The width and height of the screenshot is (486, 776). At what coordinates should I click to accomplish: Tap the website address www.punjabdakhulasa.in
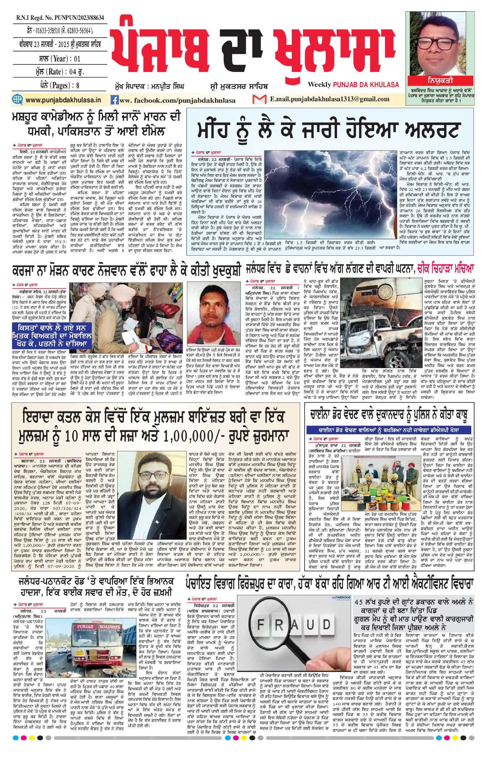(x=63, y=100)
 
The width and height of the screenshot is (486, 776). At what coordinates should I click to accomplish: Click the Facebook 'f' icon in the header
(x=114, y=100)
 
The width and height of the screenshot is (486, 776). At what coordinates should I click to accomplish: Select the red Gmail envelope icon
(x=259, y=99)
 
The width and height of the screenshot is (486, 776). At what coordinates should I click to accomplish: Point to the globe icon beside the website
(x=17, y=99)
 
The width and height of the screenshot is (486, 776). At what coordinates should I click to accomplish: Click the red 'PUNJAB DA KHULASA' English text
(x=366, y=85)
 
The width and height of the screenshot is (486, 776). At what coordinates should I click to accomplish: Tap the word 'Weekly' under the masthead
(x=319, y=85)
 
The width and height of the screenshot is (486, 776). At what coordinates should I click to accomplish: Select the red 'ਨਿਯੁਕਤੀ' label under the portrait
(x=440, y=80)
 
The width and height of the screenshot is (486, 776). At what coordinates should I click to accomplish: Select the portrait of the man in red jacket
(x=214, y=314)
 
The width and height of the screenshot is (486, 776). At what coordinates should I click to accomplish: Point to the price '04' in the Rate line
(x=73, y=72)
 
